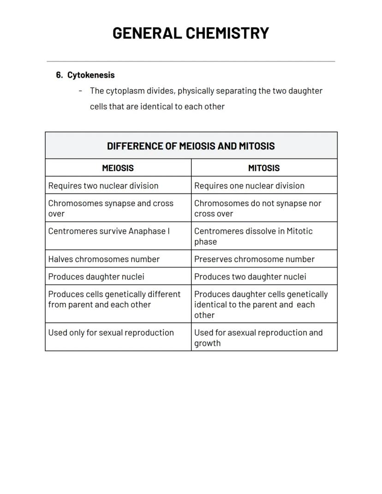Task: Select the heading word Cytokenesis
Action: click(91, 75)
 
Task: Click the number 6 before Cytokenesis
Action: click(59, 75)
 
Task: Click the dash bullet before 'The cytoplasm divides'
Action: click(81, 91)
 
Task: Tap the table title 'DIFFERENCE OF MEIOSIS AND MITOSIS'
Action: click(191, 146)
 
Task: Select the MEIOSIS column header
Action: click(118, 168)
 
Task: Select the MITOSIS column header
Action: click(263, 168)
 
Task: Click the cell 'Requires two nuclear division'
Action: click(103, 186)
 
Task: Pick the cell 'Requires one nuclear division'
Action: click(249, 186)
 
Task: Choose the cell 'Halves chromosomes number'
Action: click(104, 259)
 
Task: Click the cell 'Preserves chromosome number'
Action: click(254, 259)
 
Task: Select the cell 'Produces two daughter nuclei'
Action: click(250, 277)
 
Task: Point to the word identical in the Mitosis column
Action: click(210, 304)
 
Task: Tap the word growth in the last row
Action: click(207, 343)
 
